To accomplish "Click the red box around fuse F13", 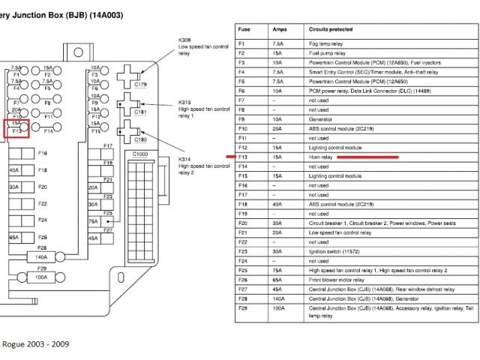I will coord(18,128).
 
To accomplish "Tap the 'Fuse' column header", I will coord(244,29).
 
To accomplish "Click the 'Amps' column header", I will coord(279,29).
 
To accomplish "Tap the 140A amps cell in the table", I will coord(277,298).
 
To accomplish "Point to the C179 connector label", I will coord(140,85).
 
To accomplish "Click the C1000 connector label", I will coord(140,154).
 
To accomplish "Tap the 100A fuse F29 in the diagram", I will coord(41,277).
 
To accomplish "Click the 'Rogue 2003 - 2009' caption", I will coord(35,343).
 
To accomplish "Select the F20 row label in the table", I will coord(242,223).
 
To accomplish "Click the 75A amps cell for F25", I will coord(277,270).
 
